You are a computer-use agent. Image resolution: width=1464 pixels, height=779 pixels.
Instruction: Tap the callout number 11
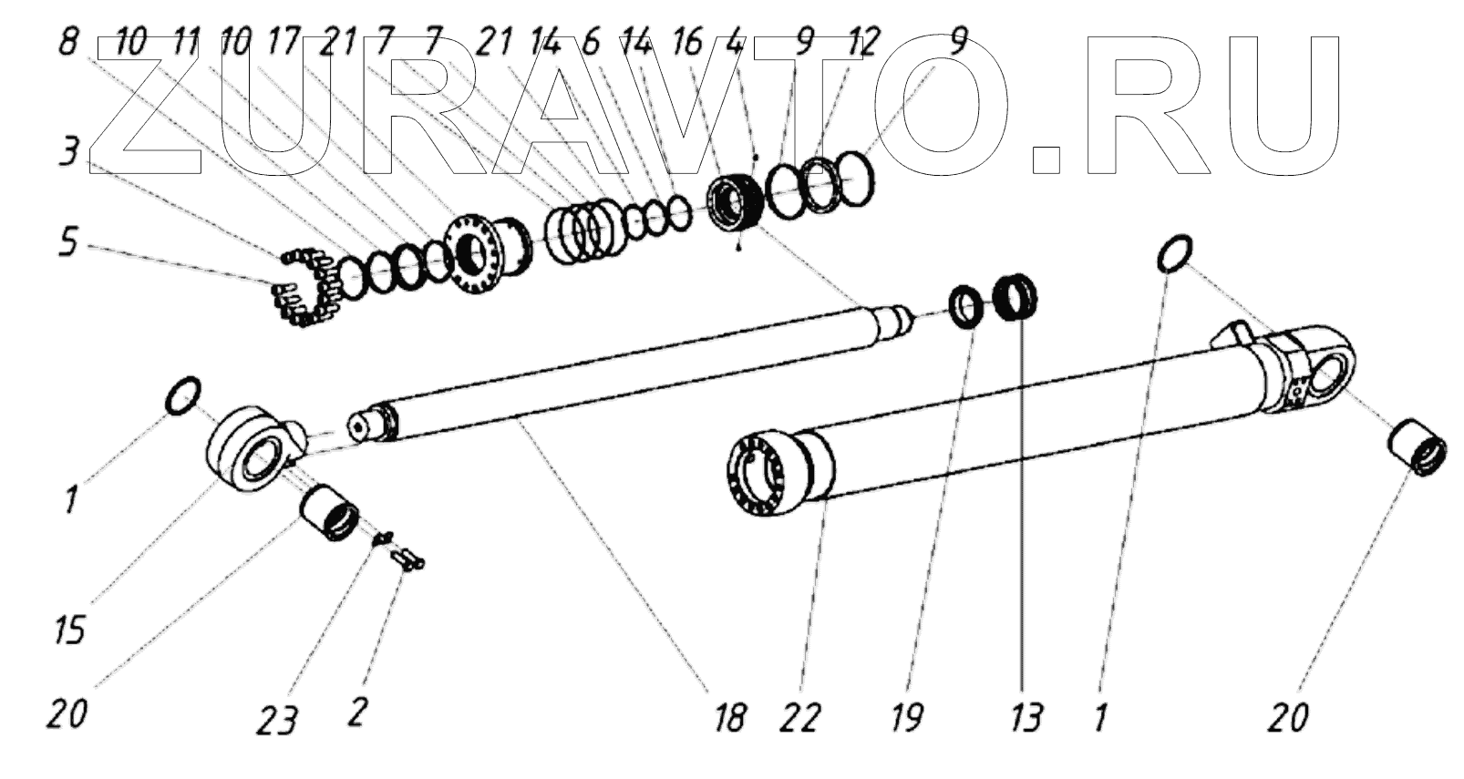[x=185, y=43]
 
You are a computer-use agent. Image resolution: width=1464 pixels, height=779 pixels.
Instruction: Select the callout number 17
[x=286, y=43]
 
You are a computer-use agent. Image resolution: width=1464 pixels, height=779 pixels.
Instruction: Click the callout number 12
[x=861, y=41]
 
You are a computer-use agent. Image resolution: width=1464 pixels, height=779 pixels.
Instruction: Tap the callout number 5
[x=68, y=245]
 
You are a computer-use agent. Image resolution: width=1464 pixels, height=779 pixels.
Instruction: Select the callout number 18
[x=731, y=717]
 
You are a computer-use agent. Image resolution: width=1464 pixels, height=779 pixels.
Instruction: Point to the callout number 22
[x=800, y=717]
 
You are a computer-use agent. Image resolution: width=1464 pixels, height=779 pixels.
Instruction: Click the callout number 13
[x=1026, y=717]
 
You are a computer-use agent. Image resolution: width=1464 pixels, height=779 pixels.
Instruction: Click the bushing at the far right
[x=1417, y=445]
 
